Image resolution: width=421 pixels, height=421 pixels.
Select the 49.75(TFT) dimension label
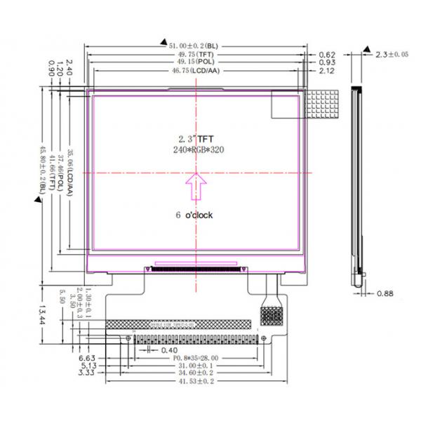[196, 54]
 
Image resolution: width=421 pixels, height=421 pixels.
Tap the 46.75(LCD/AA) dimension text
[196, 71]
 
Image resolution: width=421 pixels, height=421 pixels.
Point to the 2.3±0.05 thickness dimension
[393, 54]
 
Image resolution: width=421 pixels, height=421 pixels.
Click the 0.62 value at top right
[327, 54]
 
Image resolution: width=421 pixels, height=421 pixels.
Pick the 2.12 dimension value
[327, 71]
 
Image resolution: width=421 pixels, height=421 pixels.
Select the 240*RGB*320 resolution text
[196, 150]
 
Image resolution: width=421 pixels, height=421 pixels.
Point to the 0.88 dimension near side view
[385, 293]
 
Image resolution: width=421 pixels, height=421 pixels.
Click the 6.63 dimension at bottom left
[87, 357]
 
